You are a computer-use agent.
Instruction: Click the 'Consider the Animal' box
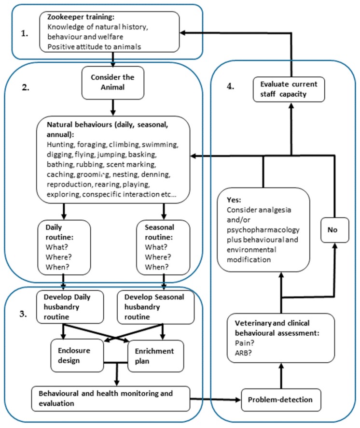(113, 83)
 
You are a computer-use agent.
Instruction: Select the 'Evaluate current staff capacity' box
(289, 89)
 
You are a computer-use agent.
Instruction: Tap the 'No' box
(334, 230)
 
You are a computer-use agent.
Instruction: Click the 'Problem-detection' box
(281, 400)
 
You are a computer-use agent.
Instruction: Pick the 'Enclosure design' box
(77, 356)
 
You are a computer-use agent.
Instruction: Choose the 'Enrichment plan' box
(156, 356)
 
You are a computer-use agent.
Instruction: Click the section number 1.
(25, 33)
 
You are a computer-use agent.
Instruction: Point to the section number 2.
(26, 87)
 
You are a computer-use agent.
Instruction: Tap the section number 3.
(23, 314)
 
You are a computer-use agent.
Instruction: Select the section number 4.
(231, 86)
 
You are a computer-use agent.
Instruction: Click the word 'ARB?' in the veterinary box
(243, 353)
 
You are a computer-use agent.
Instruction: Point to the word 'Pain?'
(244, 343)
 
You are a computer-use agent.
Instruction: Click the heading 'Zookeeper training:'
(81, 17)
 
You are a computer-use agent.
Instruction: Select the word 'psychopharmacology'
(263, 230)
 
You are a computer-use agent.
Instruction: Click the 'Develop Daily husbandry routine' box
(70, 307)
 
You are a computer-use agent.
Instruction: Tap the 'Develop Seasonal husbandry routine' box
(156, 307)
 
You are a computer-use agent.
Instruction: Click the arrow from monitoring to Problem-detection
(215, 399)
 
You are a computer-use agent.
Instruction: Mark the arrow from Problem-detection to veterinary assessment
(281, 376)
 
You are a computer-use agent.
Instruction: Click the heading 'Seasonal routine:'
(159, 232)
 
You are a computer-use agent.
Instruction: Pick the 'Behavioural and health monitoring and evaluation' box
(111, 399)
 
